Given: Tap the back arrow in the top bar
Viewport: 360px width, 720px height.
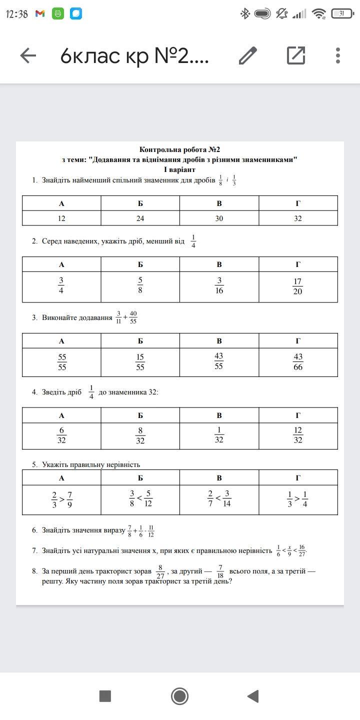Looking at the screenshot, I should click(x=28, y=55).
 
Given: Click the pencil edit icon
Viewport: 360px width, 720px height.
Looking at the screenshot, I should click(x=248, y=55).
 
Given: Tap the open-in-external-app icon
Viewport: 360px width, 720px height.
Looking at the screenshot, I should click(x=296, y=55).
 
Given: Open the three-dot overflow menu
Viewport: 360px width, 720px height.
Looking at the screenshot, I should click(x=338, y=55).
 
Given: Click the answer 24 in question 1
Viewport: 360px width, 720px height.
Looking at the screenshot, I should click(x=140, y=218).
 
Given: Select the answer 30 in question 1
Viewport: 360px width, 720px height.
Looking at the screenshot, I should click(x=219, y=218).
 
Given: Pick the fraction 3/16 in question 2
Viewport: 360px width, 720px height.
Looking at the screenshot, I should click(x=219, y=286).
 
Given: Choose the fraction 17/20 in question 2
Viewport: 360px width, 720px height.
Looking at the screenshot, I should click(x=298, y=286).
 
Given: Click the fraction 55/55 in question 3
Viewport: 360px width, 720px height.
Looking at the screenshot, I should click(x=62, y=362).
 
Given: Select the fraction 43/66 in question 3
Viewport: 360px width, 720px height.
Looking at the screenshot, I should click(x=298, y=362).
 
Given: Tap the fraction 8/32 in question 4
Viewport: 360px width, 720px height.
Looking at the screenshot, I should click(x=140, y=435).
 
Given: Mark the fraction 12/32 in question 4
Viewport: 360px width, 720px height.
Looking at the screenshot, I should click(x=298, y=435).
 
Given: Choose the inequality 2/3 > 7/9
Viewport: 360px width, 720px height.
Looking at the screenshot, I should click(x=62, y=499).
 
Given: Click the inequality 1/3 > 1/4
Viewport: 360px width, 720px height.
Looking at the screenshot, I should click(x=298, y=499).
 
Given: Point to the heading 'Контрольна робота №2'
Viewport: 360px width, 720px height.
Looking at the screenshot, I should click(x=179, y=149).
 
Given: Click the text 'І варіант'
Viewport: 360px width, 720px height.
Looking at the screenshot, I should click(x=179, y=169).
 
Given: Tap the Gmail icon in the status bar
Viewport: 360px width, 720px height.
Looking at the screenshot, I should click(x=40, y=14).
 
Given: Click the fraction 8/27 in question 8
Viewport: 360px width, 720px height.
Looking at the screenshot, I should click(x=160, y=571).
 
